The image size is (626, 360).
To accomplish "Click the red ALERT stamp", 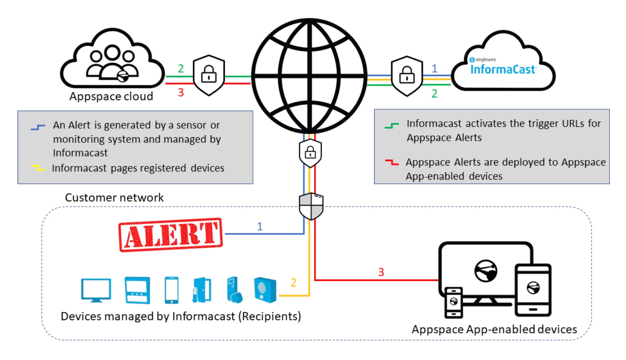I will coord(170,235).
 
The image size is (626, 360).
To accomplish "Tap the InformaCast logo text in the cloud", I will coord(503,70).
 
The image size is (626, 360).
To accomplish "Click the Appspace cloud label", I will coord(111,96).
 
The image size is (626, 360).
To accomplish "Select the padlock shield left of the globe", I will coord(209,75).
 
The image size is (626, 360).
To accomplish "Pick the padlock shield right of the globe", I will coord(407,76).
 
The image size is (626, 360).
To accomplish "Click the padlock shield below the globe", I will coord(310,153).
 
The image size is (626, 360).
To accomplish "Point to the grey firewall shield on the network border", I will coord(311,206).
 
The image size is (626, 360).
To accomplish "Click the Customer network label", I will coord(114,198).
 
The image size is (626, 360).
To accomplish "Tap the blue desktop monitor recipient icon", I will coord(96,290).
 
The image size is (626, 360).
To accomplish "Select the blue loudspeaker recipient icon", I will coord(265,290).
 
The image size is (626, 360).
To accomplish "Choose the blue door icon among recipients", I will coord(202,290).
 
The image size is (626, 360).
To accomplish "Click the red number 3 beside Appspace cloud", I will coord(181,93).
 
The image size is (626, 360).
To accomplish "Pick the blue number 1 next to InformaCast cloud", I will coord(434,69).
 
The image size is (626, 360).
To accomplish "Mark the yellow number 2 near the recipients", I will coord(293,283).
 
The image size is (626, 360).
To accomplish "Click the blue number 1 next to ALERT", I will coord(260,227).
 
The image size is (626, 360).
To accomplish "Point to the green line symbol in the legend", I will coord(391,126).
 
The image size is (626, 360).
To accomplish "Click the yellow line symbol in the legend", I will coord(38,168).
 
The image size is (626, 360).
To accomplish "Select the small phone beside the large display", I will coord(454,302).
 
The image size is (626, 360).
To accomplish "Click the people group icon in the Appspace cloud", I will coord(112,63).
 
